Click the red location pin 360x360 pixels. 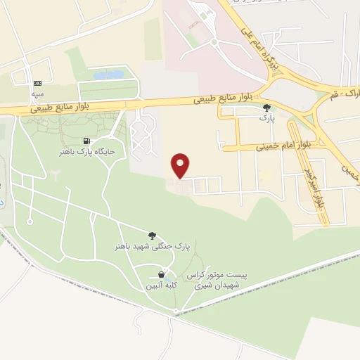click(x=181, y=165)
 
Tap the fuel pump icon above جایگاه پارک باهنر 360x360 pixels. click(x=86, y=141)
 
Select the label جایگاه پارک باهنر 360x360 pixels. click(x=86, y=151)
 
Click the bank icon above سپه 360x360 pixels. click(x=37, y=83)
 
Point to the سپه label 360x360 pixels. click(x=37, y=93)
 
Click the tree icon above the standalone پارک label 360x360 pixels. click(x=266, y=108)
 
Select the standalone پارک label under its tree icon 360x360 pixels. click(x=266, y=119)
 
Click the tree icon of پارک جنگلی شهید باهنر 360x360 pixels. click(x=153, y=236)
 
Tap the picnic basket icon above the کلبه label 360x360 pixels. click(x=162, y=274)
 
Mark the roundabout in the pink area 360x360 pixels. click(x=214, y=43)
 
